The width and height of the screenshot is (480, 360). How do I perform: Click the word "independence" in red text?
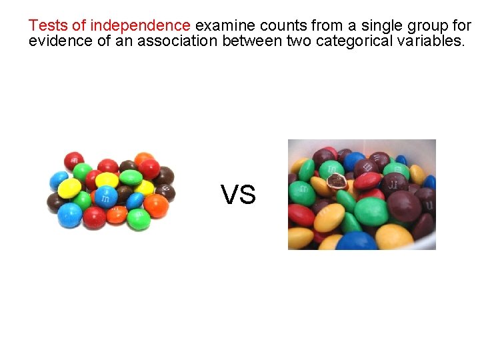tap(140, 26)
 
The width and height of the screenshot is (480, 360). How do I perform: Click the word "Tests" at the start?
tap(48, 26)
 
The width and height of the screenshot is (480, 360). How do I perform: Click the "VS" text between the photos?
tap(238, 195)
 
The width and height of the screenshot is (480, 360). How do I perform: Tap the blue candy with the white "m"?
tap(105, 196)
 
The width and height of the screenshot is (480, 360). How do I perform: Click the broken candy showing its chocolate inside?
tap(337, 181)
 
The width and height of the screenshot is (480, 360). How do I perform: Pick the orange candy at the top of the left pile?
tap(143, 159)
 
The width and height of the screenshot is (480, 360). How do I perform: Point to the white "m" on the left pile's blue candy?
tap(105, 196)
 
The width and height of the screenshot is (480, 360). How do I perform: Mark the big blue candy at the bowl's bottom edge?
tap(355, 241)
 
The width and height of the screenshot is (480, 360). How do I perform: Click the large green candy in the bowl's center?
tap(371, 211)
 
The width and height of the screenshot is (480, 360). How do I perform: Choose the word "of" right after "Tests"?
tap(79, 26)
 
